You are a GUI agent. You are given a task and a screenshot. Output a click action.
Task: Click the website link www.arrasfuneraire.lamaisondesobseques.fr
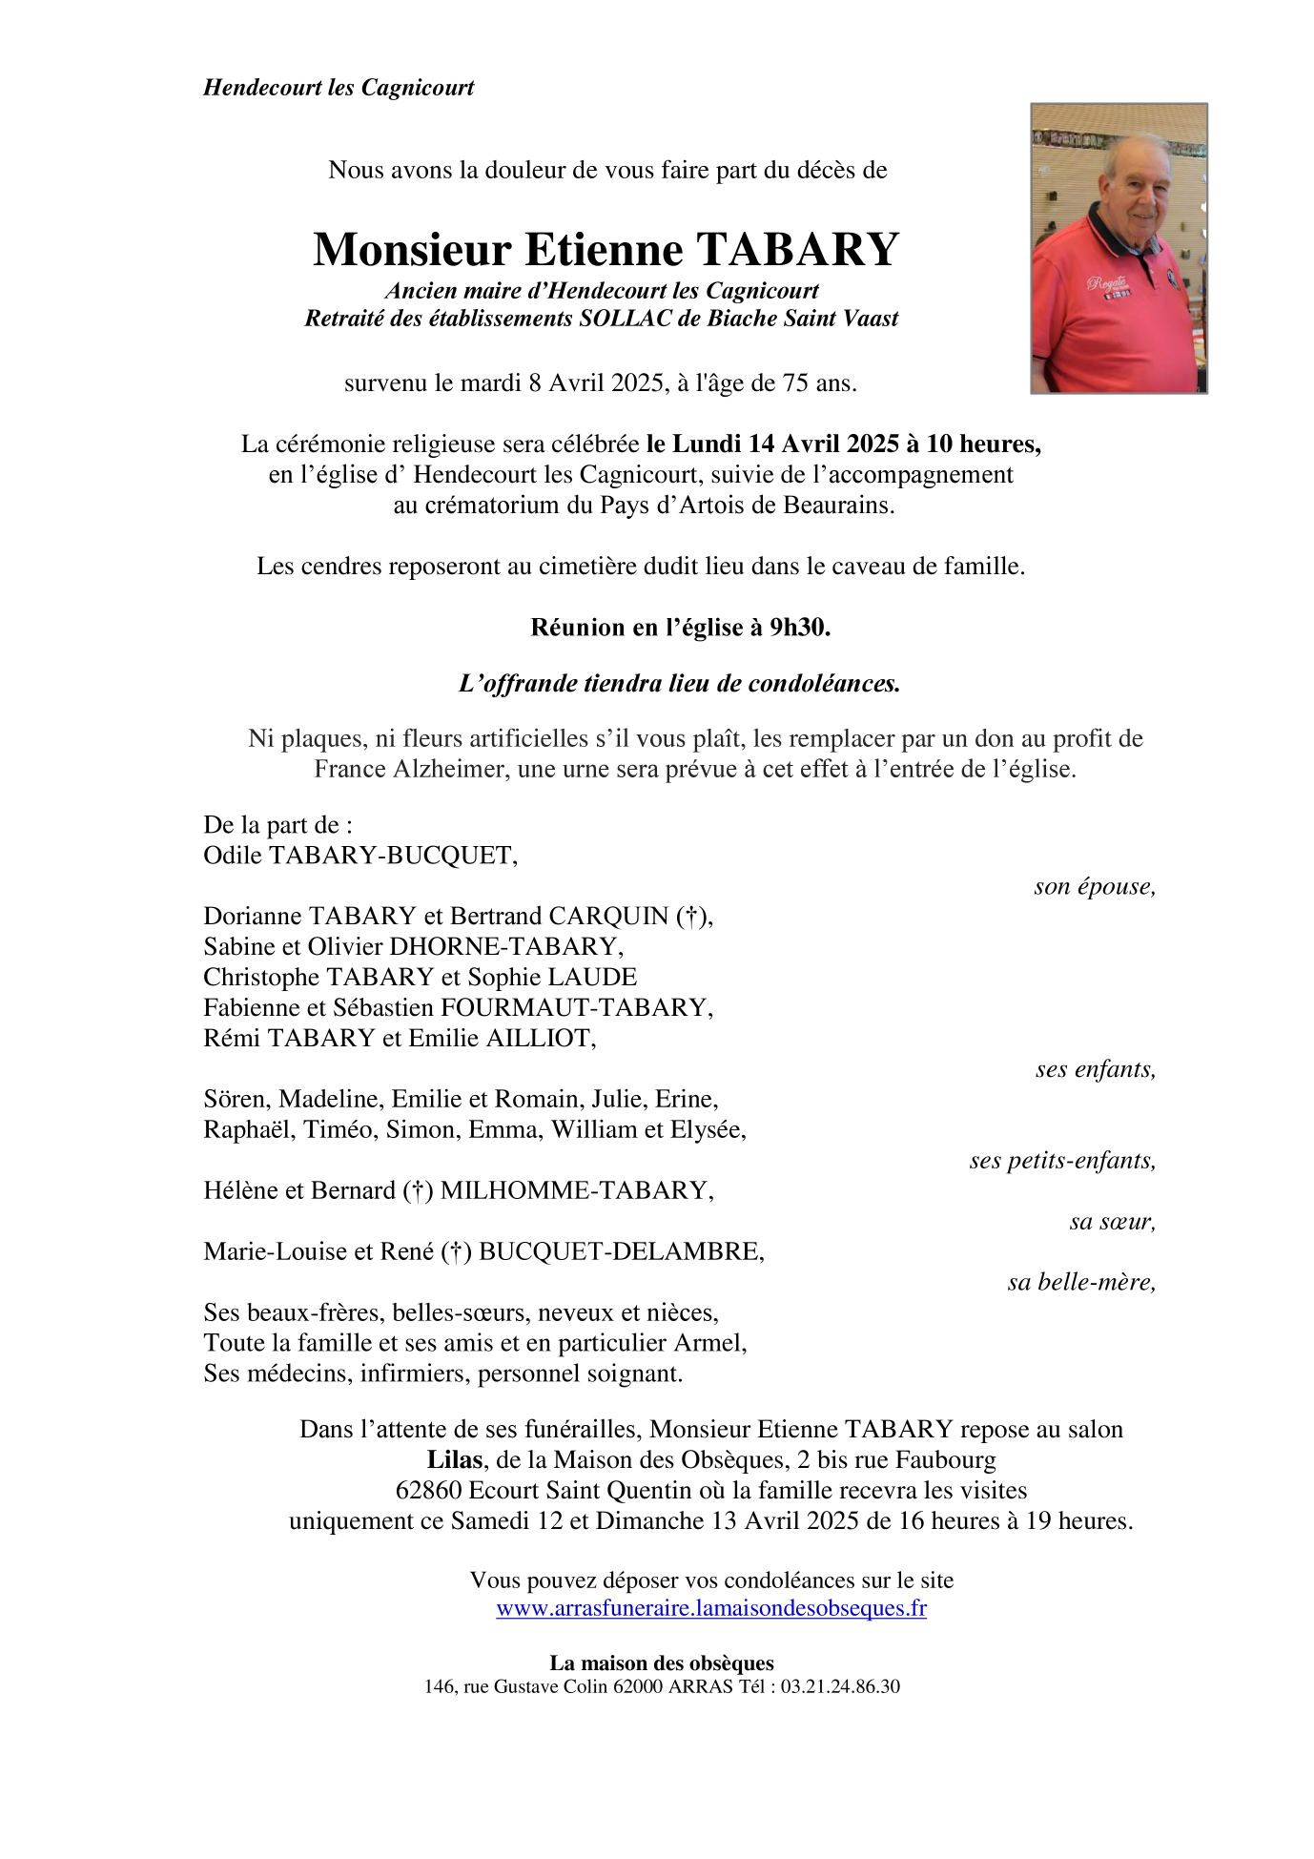[711, 1608]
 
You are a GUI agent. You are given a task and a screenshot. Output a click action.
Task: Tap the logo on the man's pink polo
[1107, 283]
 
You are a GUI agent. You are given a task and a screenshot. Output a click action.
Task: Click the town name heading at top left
[339, 88]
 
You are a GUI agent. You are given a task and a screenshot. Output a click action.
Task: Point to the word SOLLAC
[626, 319]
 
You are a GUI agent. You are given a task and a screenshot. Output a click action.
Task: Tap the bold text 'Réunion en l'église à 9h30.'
[680, 627]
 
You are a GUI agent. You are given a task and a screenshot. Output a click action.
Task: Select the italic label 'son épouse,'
[1095, 886]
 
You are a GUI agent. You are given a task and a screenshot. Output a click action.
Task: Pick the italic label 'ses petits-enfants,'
[1062, 1160]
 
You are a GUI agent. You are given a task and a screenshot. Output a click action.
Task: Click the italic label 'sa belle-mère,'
[1081, 1282]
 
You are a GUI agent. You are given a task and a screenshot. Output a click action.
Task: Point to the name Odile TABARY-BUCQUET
[359, 856]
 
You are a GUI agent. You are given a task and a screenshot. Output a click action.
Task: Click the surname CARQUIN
[610, 917]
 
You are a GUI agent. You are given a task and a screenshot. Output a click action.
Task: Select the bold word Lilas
[454, 1459]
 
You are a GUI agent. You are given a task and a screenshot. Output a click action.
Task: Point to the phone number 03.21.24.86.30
[840, 1686]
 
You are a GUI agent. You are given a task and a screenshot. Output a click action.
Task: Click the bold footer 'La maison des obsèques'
[662, 1663]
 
